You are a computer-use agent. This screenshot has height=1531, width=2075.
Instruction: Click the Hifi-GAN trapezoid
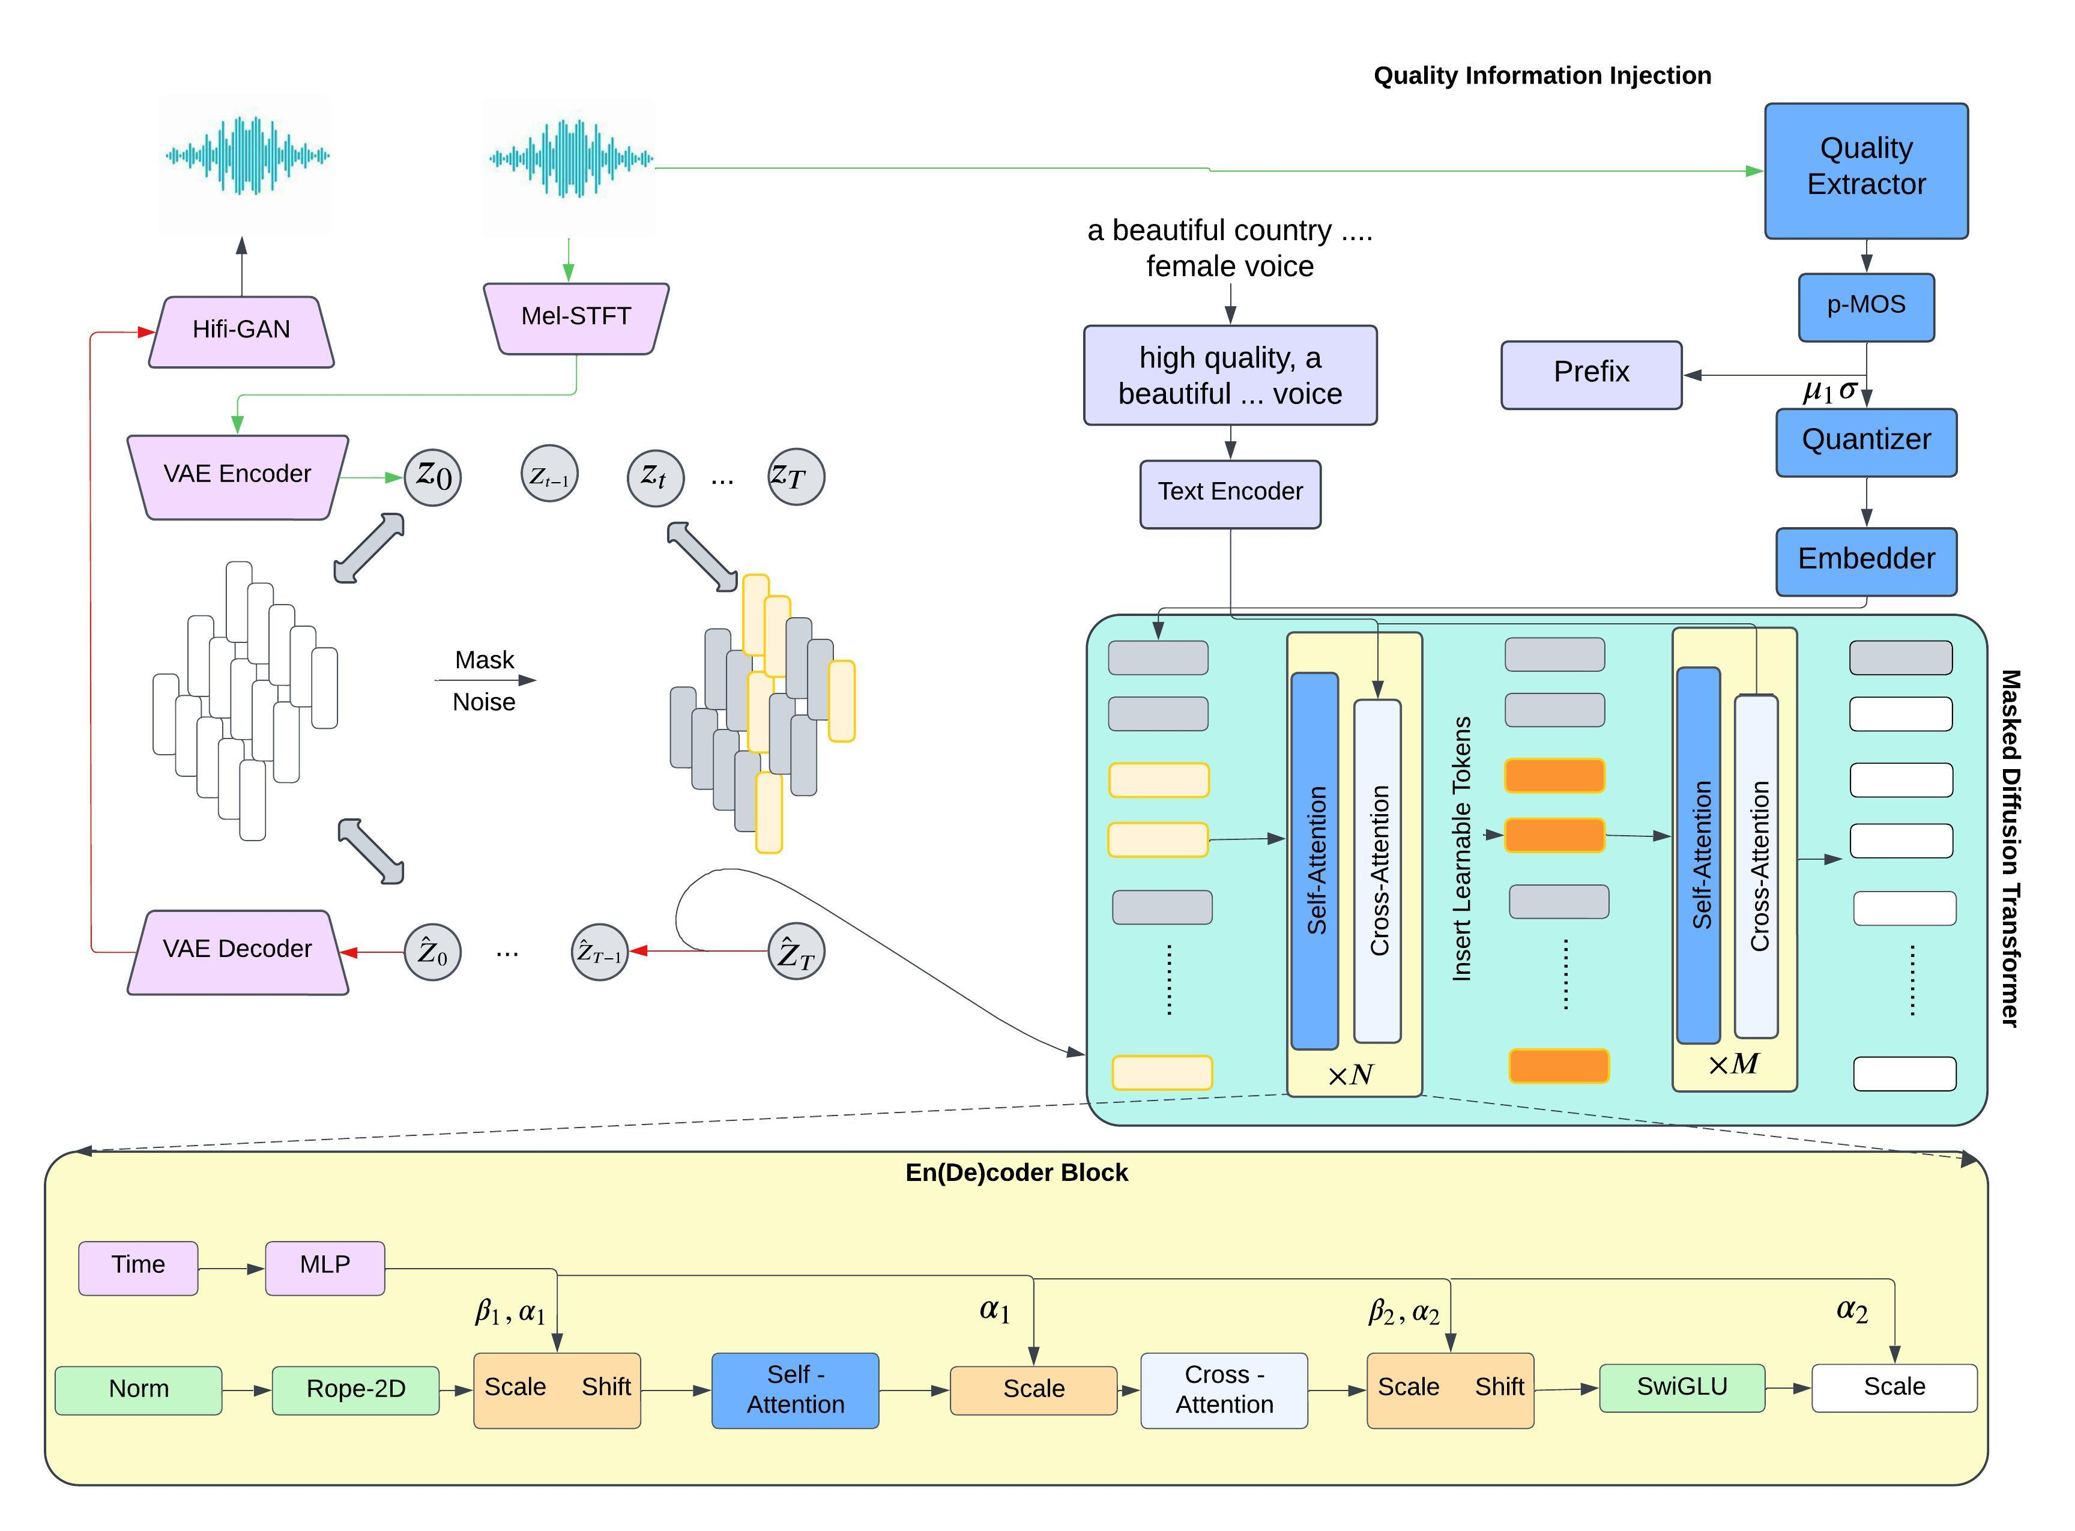click(x=241, y=332)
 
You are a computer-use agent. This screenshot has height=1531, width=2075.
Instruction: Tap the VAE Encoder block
click(x=237, y=476)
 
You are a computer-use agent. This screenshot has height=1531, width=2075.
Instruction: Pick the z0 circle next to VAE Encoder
click(x=433, y=477)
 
